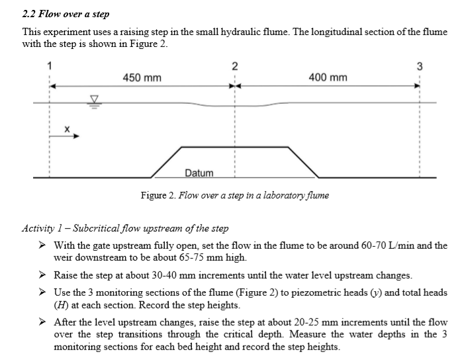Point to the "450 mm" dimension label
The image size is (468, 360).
(142, 78)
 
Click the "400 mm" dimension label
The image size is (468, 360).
(328, 78)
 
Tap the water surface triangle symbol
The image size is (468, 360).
(94, 100)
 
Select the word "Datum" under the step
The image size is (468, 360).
(199, 173)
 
